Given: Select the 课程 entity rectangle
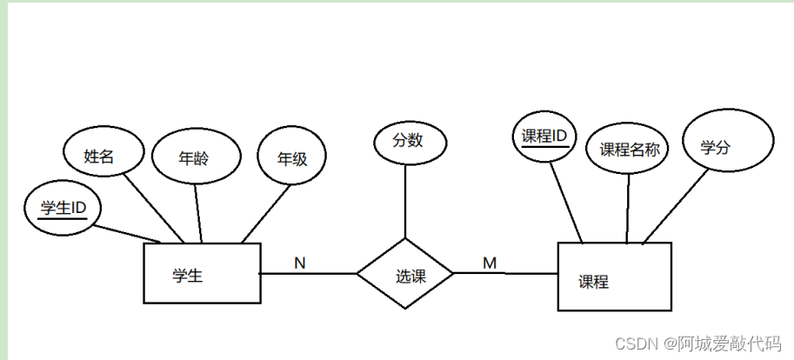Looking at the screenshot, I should pyautogui.click(x=614, y=277).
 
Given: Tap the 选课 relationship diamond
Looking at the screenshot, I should pyautogui.click(x=405, y=274).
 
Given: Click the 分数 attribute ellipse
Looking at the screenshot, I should pyautogui.click(x=409, y=141).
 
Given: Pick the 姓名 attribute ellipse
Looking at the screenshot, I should pyautogui.click(x=101, y=157).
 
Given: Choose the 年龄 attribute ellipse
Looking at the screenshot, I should pyautogui.click(x=195, y=158).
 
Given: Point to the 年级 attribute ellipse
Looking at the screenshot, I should pyautogui.click(x=292, y=159).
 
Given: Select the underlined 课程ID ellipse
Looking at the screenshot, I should pyautogui.click(x=544, y=137).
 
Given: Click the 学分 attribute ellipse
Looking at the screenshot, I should pyautogui.click(x=727, y=145).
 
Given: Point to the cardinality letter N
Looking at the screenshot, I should pyautogui.click(x=299, y=262).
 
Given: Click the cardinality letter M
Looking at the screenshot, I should pyautogui.click(x=490, y=262).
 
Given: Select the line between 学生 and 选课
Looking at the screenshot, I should pyautogui.click(x=309, y=274).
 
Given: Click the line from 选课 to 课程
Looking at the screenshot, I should pyautogui.click(x=505, y=273).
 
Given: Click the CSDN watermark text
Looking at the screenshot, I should pyautogui.click(x=697, y=343).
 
